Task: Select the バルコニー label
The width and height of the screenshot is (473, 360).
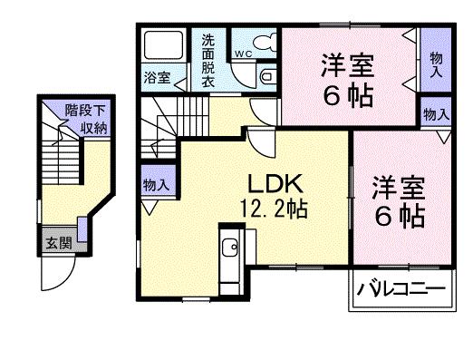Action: (x=400, y=290)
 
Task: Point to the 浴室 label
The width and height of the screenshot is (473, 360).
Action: (x=156, y=77)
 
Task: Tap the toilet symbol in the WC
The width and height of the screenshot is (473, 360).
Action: (x=263, y=44)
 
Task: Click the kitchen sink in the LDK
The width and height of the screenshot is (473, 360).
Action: (x=230, y=245)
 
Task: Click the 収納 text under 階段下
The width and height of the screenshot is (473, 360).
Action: (x=93, y=128)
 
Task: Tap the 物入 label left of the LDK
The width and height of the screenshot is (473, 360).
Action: (x=156, y=185)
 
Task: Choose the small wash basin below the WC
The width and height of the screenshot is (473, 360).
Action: (x=268, y=78)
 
